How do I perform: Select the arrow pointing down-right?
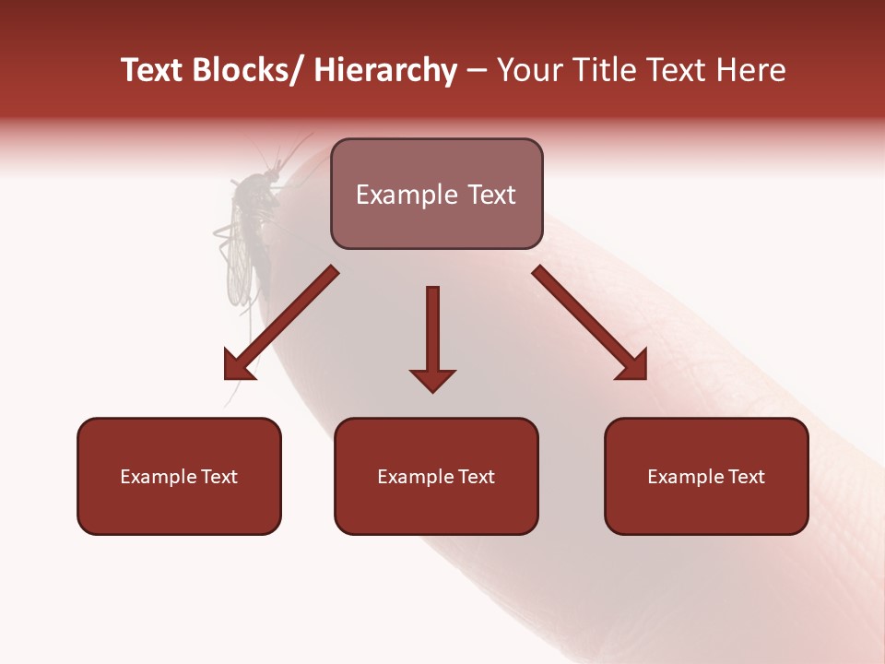pos(590,323)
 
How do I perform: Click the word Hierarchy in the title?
pos(385,71)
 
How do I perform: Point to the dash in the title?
pos(476,71)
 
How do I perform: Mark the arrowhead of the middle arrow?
pos(432,379)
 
